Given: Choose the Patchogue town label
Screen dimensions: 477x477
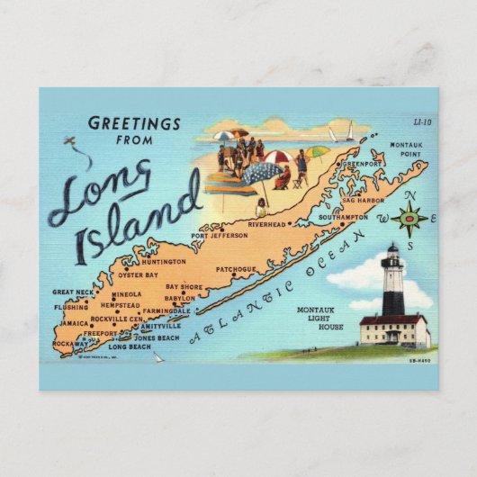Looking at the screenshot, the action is coord(237,268).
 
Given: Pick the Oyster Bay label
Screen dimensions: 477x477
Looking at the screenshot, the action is coord(139,274).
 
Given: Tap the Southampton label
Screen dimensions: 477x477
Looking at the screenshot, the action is coord(343,217).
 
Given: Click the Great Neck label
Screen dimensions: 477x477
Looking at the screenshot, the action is coord(73,292).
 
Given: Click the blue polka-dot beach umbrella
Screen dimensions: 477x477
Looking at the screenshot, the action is coord(262,173).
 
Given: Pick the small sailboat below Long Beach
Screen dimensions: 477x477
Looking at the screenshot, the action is coord(158,356).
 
